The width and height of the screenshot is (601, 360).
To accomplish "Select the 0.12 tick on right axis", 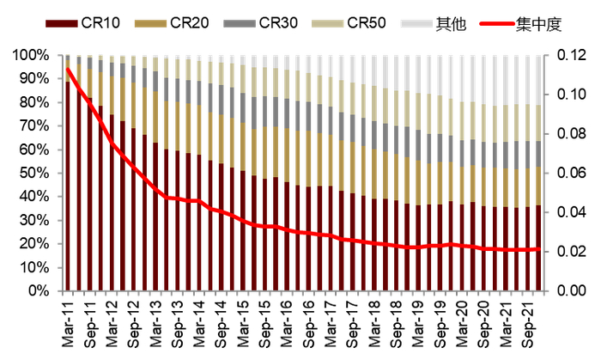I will [x=572, y=55].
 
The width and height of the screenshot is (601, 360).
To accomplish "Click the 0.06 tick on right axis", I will [x=572, y=174].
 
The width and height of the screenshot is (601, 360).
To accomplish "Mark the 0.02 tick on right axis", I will [x=572, y=252].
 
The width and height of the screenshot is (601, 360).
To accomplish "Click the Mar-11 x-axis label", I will [x=69, y=322].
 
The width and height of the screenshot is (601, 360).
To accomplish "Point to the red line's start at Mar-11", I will [x=68, y=70].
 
